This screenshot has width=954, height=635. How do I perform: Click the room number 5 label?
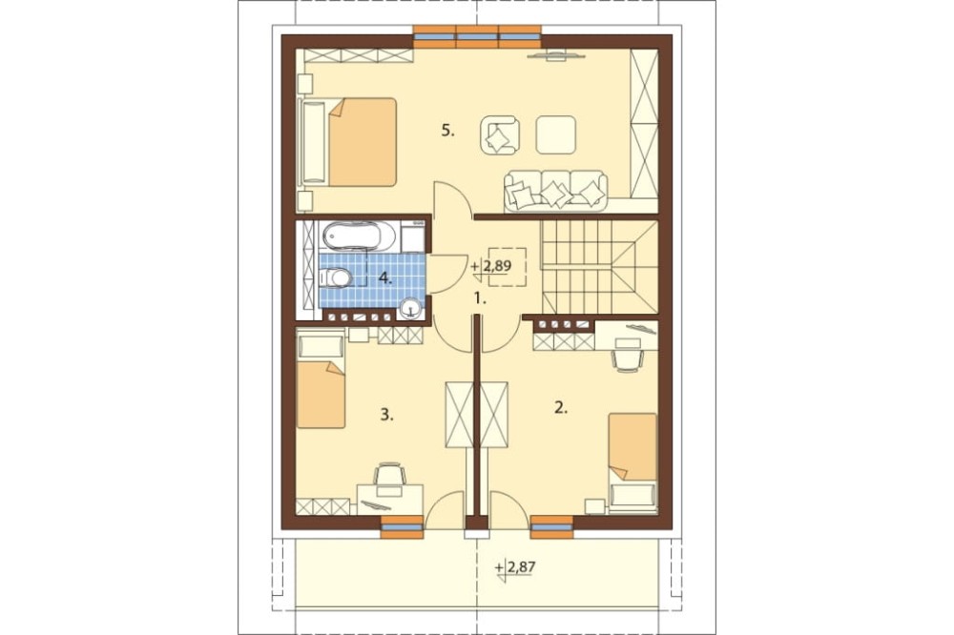447,131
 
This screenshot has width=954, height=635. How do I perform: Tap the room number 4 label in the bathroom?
384,278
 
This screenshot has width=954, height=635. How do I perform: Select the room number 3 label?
387,415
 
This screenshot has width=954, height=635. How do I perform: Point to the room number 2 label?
560,408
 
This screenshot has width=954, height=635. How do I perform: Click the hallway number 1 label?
481,298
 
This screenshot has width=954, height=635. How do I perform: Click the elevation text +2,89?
491,266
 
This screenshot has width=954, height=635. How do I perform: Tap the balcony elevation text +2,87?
515,567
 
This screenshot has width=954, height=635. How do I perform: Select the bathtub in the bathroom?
359,236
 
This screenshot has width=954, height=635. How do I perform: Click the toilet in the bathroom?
336,278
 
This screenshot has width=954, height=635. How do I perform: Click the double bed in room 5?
348,142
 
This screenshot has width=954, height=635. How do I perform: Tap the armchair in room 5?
500,135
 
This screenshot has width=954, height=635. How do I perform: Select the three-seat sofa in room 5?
555,191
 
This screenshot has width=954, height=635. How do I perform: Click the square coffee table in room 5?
555,134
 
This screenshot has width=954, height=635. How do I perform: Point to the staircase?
599,267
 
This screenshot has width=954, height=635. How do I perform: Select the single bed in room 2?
633,460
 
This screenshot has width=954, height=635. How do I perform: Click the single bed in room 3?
321,381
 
